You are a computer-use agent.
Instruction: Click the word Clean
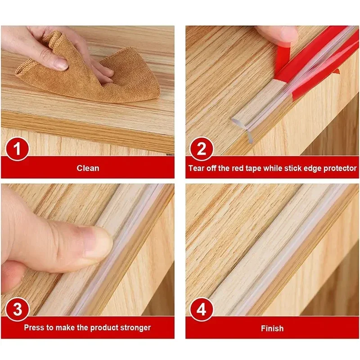point(88,168)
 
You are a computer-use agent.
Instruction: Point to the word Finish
point(272,328)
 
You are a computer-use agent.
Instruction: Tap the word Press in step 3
point(34,328)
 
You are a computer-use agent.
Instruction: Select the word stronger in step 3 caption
point(134,328)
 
